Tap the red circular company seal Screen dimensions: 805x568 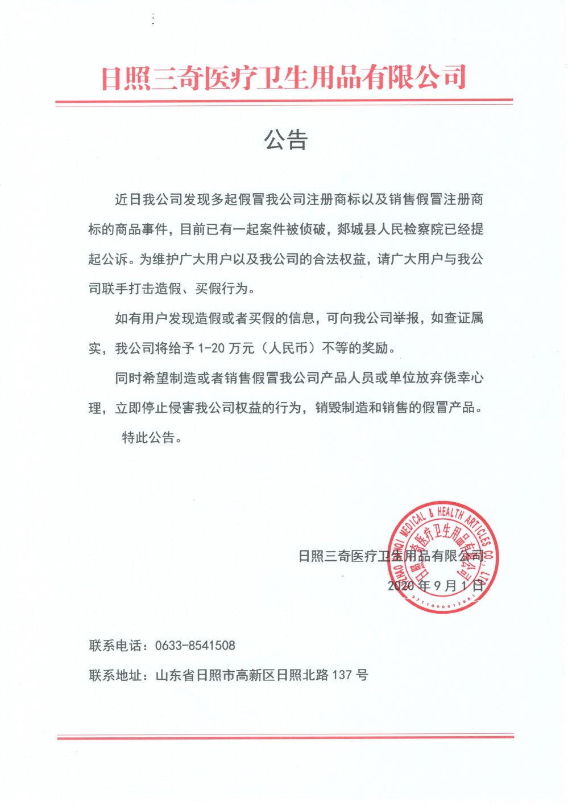[441, 558]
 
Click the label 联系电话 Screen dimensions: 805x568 [115, 646]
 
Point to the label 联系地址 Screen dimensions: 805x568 [115, 675]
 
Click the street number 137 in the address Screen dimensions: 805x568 [342, 675]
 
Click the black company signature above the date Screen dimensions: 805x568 [391, 556]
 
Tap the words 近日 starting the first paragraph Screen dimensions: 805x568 [128, 199]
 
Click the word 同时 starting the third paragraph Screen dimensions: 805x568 [128, 377]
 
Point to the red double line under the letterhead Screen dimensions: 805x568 [284, 102]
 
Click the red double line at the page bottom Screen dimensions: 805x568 [285, 737]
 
